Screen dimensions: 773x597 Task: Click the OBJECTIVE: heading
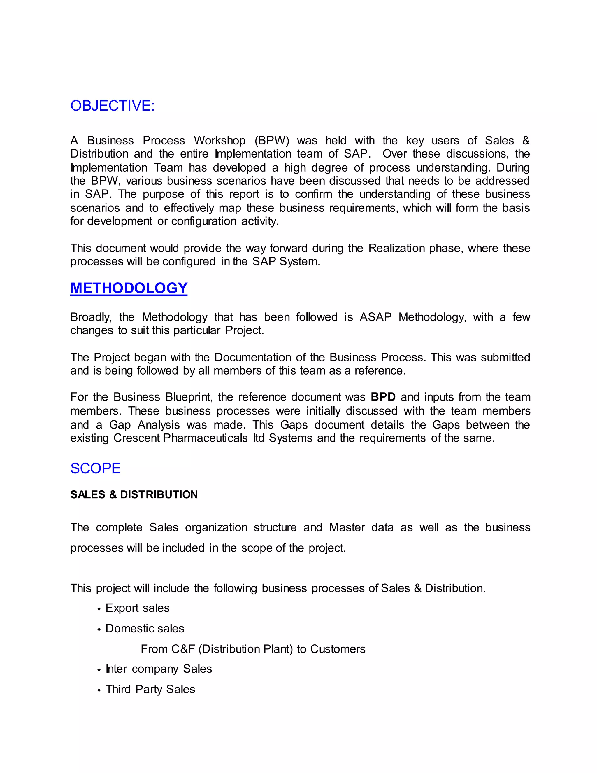113,106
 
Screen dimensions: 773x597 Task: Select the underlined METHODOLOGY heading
129,288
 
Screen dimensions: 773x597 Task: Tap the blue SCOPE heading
96,468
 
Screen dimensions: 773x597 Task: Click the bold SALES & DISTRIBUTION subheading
134,494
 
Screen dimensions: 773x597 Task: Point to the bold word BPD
383,397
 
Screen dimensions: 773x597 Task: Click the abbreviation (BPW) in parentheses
272,141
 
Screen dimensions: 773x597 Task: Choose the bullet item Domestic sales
145,628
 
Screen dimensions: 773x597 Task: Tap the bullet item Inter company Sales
159,669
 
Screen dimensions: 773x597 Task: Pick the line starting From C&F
253,649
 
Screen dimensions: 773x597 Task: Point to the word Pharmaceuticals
206,438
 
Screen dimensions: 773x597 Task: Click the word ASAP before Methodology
375,317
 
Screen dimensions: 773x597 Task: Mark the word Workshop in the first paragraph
220,141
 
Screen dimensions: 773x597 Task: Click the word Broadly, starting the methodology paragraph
91,317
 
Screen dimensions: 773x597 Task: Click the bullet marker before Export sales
99,609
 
